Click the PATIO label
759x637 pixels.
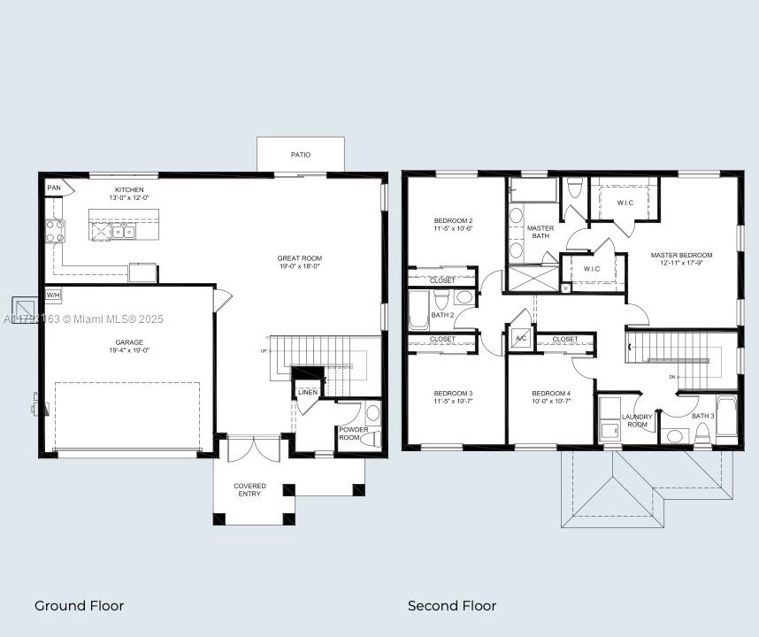pos(301,155)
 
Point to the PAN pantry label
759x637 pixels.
pos(55,188)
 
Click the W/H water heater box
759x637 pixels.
pos(53,295)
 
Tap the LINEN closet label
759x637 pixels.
pos(308,392)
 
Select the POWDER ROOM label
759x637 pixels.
pos(354,434)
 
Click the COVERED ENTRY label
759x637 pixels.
pos(249,489)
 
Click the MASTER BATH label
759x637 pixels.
pos(540,232)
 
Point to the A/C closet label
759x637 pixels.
pos(521,339)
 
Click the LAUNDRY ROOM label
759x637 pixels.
pos(637,420)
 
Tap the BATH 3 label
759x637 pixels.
pos(702,416)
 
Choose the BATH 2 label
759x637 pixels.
pos(442,315)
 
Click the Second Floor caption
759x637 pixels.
pos(451,606)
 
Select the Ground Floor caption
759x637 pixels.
pos(79,606)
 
